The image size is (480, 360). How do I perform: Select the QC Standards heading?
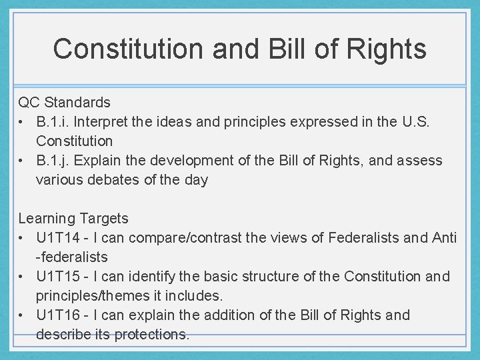tap(65, 103)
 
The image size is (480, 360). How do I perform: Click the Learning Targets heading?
tap(73, 218)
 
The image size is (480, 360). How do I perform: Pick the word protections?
tap(154, 334)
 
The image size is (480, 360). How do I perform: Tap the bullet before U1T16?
tap(23, 315)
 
